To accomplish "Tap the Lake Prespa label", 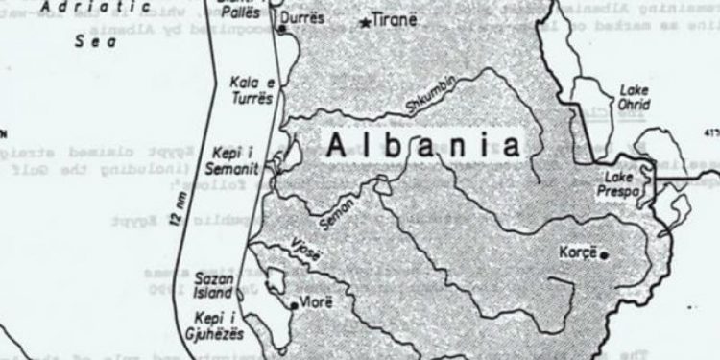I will tap(623, 184).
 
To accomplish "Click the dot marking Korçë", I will tap(607, 253).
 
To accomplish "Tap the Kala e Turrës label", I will tap(251, 91).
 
